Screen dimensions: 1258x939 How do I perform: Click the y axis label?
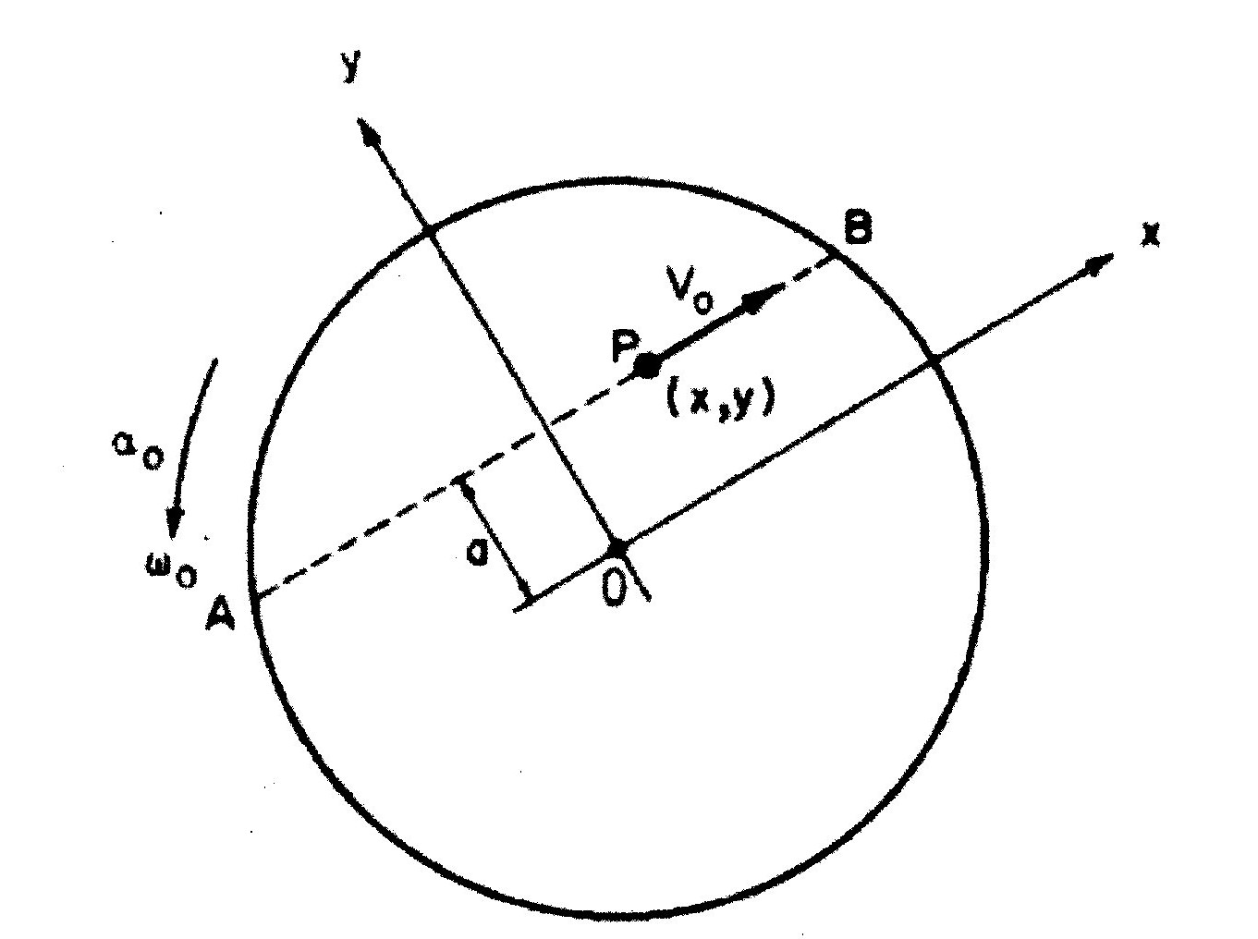pyautogui.click(x=350, y=67)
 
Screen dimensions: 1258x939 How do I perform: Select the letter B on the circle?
pyautogui.click(x=857, y=226)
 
